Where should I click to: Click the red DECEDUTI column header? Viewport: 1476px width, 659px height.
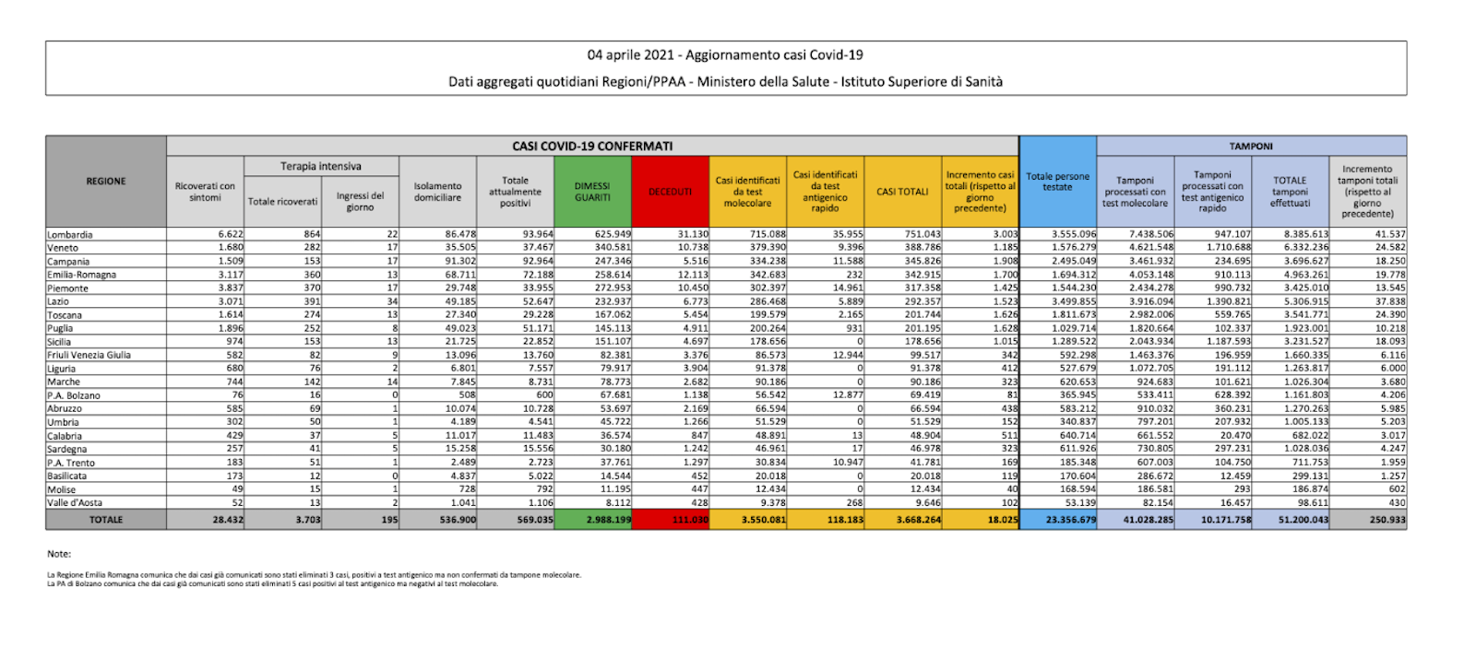[670, 192]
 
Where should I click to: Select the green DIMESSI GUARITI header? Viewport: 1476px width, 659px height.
[592, 192]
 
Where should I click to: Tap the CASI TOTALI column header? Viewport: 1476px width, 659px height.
[902, 192]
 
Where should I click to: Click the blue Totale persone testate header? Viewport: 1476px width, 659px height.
[1057, 182]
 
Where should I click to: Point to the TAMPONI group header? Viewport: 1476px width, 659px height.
[1251, 146]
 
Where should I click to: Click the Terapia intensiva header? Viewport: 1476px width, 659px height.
[321, 166]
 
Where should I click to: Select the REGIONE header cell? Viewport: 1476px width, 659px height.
[106, 182]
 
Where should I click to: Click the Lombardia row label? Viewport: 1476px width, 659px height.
[70, 235]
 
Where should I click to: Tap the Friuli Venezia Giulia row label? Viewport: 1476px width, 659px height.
[89, 355]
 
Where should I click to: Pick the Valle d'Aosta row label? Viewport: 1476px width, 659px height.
[75, 503]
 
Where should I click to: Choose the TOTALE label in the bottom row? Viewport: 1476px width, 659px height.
[106, 520]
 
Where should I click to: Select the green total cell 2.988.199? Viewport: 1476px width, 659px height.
[609, 520]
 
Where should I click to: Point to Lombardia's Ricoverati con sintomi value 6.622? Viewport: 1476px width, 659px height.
[231, 235]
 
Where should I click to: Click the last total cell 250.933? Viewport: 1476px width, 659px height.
[1387, 520]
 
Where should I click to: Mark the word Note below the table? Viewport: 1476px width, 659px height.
[59, 554]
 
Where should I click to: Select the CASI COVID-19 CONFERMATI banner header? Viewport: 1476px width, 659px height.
[592, 146]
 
